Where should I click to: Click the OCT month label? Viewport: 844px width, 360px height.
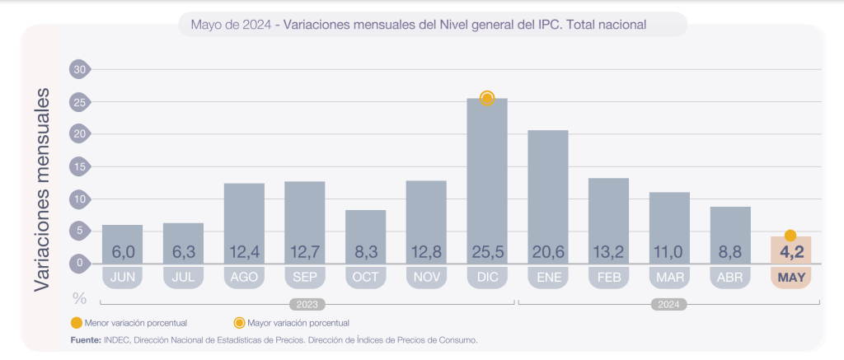[365, 277]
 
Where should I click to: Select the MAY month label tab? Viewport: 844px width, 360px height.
[791, 277]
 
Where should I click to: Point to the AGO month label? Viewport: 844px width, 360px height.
[244, 277]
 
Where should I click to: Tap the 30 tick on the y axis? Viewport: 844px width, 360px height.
[80, 70]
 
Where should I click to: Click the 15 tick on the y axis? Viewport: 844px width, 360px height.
[80, 166]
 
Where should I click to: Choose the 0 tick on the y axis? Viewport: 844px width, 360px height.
[80, 263]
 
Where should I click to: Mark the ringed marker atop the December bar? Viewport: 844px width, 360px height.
[487, 98]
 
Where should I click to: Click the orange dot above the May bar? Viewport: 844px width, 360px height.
[790, 236]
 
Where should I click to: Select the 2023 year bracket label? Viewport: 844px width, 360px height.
[305, 304]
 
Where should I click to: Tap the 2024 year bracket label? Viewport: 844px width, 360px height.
[669, 304]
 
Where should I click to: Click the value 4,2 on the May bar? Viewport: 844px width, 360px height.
[791, 252]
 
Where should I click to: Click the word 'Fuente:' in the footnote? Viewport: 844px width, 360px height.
[86, 339]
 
